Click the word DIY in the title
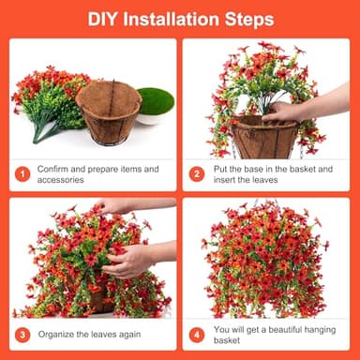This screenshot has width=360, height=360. coord(103,19)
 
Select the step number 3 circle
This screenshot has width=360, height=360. coord(22,335)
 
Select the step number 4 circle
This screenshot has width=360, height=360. coord(197,335)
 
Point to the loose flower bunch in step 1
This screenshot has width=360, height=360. coord(47,98)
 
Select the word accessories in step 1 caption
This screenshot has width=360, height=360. coord(62,180)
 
